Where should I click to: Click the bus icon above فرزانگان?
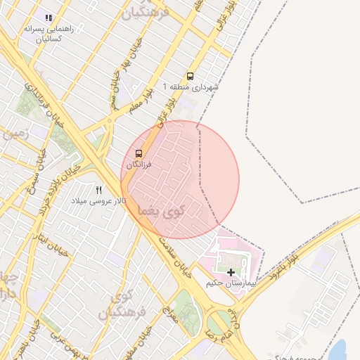138,153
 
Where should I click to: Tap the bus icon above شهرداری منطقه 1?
190,76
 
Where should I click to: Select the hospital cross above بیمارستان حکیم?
231,271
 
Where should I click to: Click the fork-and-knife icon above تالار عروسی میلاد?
98,190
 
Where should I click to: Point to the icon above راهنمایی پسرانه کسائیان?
48,18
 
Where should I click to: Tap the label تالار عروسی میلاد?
98,201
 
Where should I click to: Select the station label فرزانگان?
139,164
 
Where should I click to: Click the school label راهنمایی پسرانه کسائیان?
47,34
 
